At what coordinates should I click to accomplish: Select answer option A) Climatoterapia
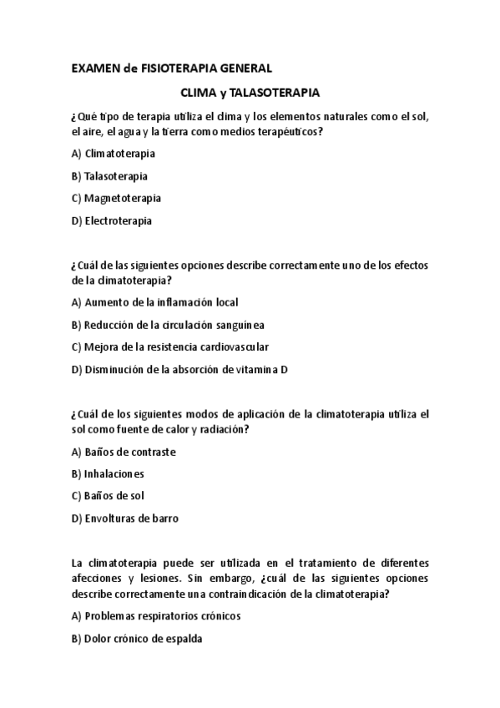click(114, 154)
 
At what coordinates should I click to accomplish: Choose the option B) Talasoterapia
click(110, 176)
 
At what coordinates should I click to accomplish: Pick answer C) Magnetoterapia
click(116, 199)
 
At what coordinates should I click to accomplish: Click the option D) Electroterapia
click(112, 221)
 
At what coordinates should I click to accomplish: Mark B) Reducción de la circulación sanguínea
click(169, 325)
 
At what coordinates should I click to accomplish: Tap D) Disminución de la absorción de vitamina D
click(179, 369)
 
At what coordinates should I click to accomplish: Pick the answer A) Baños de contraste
click(124, 452)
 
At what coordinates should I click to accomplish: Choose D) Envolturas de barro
click(125, 518)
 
